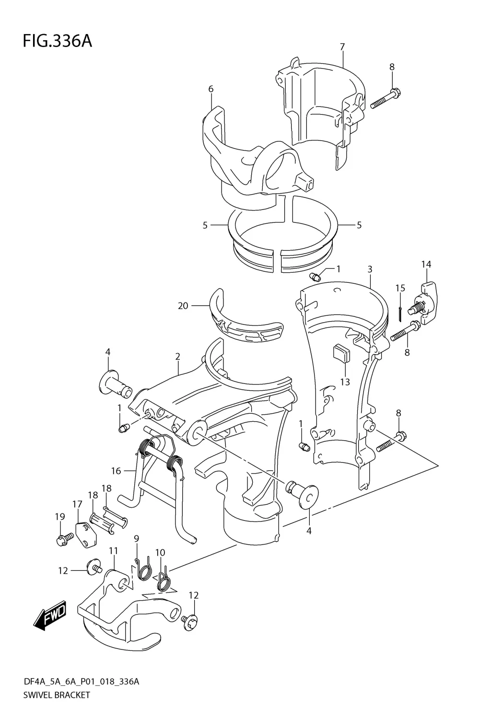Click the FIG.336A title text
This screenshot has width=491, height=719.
tap(57, 42)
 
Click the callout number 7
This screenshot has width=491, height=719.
tap(342, 47)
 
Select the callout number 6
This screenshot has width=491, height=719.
tap(211, 89)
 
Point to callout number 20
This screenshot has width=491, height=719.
tap(183, 305)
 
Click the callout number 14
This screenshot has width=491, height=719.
tap(426, 264)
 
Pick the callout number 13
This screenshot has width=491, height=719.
tap(345, 382)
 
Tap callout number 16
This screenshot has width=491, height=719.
tap(116, 471)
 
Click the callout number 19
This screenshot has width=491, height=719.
tap(59, 516)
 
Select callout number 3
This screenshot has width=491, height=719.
tap(370, 270)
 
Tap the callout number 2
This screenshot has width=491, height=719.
tap(177, 357)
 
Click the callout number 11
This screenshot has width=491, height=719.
tap(113, 551)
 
